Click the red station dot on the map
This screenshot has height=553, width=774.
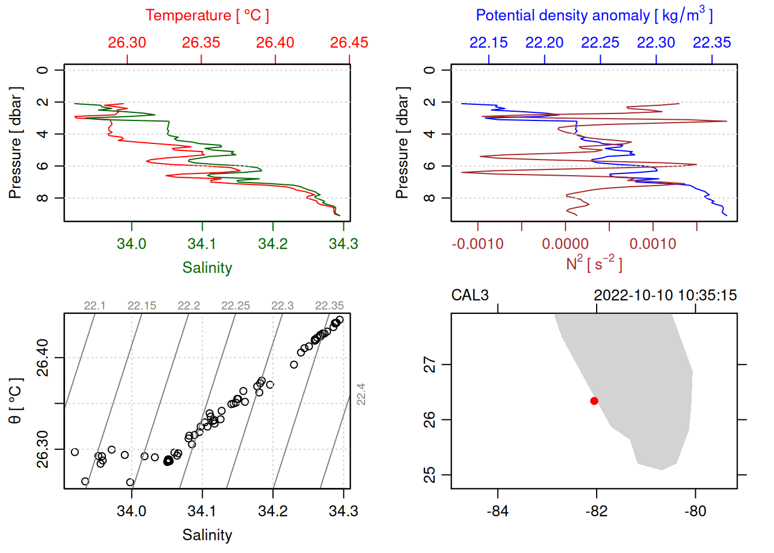594,401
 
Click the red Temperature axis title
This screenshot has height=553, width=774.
207,15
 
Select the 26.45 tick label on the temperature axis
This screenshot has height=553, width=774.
349,43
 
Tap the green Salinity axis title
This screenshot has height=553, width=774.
207,268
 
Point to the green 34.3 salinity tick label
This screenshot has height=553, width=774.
343,244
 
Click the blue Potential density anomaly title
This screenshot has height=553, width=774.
594,15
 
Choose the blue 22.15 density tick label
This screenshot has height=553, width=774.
488,43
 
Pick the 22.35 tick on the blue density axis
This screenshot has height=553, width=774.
712,43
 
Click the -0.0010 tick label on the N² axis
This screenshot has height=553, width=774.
477,244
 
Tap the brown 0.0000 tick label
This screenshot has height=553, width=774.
566,244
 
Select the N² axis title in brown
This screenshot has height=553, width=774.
594,264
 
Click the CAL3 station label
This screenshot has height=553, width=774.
470,296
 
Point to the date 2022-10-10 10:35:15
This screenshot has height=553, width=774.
665,296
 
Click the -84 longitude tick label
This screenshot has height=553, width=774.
498,512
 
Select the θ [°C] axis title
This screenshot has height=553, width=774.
15,401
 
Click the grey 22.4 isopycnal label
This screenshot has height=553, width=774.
361,395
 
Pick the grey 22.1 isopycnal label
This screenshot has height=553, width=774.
94,306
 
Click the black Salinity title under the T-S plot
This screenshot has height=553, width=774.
207,535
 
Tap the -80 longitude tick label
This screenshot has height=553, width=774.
695,512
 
